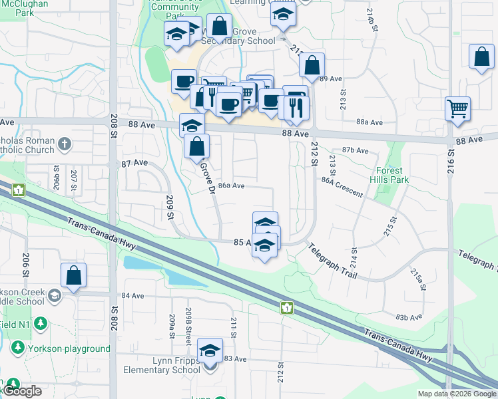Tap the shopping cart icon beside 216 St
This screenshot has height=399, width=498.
coord(457,108)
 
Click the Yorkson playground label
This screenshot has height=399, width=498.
coord(69,348)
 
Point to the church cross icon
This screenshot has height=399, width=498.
coord(65,144)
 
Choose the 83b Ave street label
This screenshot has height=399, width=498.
coord(409,317)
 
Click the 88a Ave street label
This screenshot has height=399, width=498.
coord(370,122)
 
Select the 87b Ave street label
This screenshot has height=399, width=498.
coord(355,151)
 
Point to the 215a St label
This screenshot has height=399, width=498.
coord(417,276)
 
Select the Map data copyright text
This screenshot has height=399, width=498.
coord(457,394)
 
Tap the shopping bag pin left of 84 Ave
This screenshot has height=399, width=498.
coord(73,276)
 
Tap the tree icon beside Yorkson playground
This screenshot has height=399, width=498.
coord(17,348)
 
